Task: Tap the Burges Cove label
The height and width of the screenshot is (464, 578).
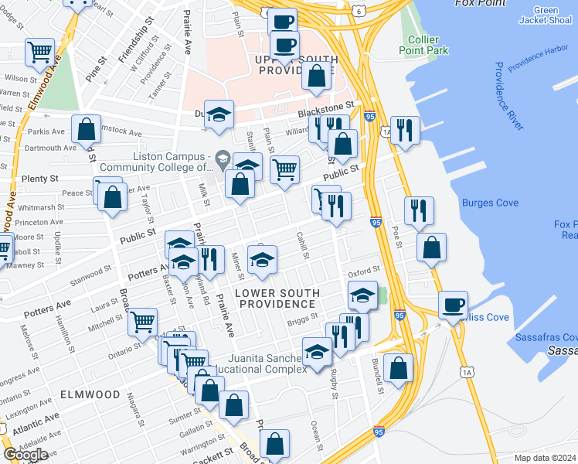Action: point(484,203)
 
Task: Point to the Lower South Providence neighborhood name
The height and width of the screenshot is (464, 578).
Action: point(276,299)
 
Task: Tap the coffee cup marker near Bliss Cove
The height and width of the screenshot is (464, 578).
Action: point(454,304)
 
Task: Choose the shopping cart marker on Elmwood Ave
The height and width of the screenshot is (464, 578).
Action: point(39,53)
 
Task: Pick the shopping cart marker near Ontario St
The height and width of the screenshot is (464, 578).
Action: point(143,321)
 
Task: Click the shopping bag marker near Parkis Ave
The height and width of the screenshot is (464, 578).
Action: point(87,128)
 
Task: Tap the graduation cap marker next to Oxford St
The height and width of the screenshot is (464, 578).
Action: point(362,294)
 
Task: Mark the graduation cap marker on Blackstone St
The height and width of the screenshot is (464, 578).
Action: point(219,113)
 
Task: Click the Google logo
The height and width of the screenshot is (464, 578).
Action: point(25,455)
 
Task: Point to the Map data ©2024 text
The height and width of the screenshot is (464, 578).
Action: point(545,458)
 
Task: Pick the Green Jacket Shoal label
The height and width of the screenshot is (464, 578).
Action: point(546,15)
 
